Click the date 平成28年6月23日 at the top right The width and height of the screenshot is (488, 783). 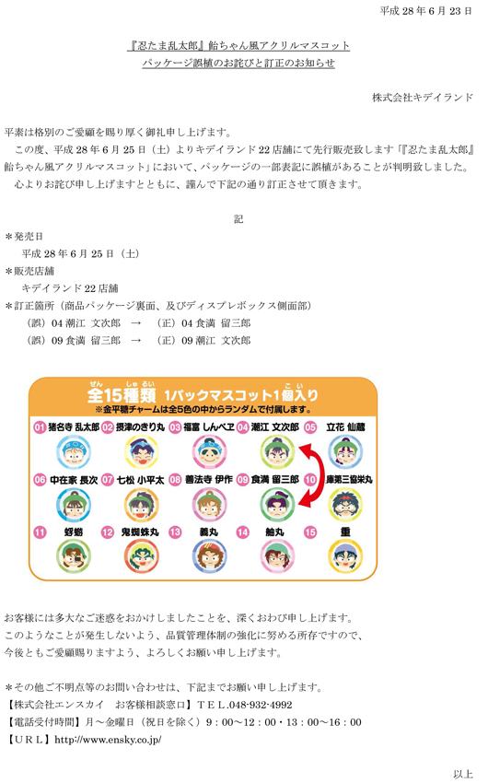pyautogui.click(x=425, y=11)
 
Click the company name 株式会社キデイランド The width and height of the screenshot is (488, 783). pyautogui.click(x=422, y=98)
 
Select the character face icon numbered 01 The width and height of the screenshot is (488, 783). pyautogui.click(x=74, y=452)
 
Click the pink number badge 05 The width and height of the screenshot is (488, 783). pyautogui.click(x=310, y=427)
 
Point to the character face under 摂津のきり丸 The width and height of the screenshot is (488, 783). pyautogui.click(x=141, y=452)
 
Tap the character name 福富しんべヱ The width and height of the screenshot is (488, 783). pyautogui.click(x=209, y=427)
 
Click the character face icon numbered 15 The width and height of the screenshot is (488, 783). pyautogui.click(x=345, y=556)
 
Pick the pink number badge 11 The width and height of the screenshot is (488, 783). pyautogui.click(x=40, y=532)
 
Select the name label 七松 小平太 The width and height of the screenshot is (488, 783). pyautogui.click(x=140, y=480)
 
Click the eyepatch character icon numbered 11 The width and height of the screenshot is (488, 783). pyautogui.click(x=74, y=556)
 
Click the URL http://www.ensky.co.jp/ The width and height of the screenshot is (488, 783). pyautogui.click(x=108, y=740)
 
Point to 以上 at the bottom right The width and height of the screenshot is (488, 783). pyautogui.click(x=463, y=774)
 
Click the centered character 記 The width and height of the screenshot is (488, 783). pyautogui.click(x=238, y=219)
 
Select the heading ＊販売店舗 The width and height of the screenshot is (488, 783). pyautogui.click(x=29, y=271)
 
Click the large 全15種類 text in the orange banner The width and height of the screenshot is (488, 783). pyautogui.click(x=122, y=393)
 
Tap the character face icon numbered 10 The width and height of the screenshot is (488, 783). pyautogui.click(x=345, y=505)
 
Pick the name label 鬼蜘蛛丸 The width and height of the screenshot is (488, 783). pyautogui.click(x=140, y=532)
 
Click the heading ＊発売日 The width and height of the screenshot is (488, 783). pyautogui.click(x=24, y=236)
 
